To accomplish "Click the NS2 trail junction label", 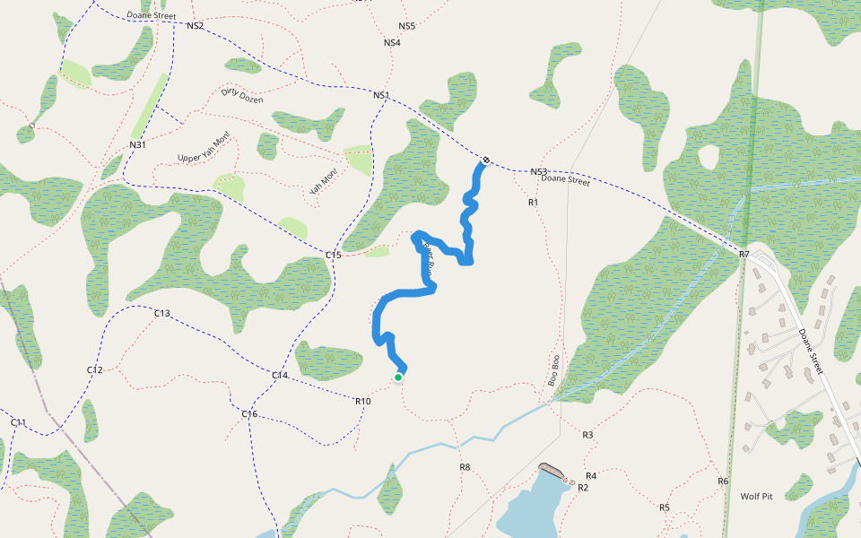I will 196,26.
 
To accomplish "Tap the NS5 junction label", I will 407,26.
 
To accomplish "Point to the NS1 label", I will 381,95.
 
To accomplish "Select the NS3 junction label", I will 538,171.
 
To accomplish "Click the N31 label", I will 137,144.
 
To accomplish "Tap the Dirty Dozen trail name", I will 242,94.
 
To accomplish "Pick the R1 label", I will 533,203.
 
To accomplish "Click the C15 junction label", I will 334,256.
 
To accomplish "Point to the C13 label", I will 162,313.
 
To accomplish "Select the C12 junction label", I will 95,369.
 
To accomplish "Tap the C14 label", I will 280,375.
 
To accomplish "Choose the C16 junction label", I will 249,413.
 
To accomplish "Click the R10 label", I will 363,401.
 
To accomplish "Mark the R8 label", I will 465,467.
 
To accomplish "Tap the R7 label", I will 744,256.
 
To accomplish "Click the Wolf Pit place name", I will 756,496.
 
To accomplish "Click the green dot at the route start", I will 398,377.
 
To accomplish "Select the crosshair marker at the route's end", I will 486,161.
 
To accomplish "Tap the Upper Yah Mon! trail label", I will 204,147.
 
